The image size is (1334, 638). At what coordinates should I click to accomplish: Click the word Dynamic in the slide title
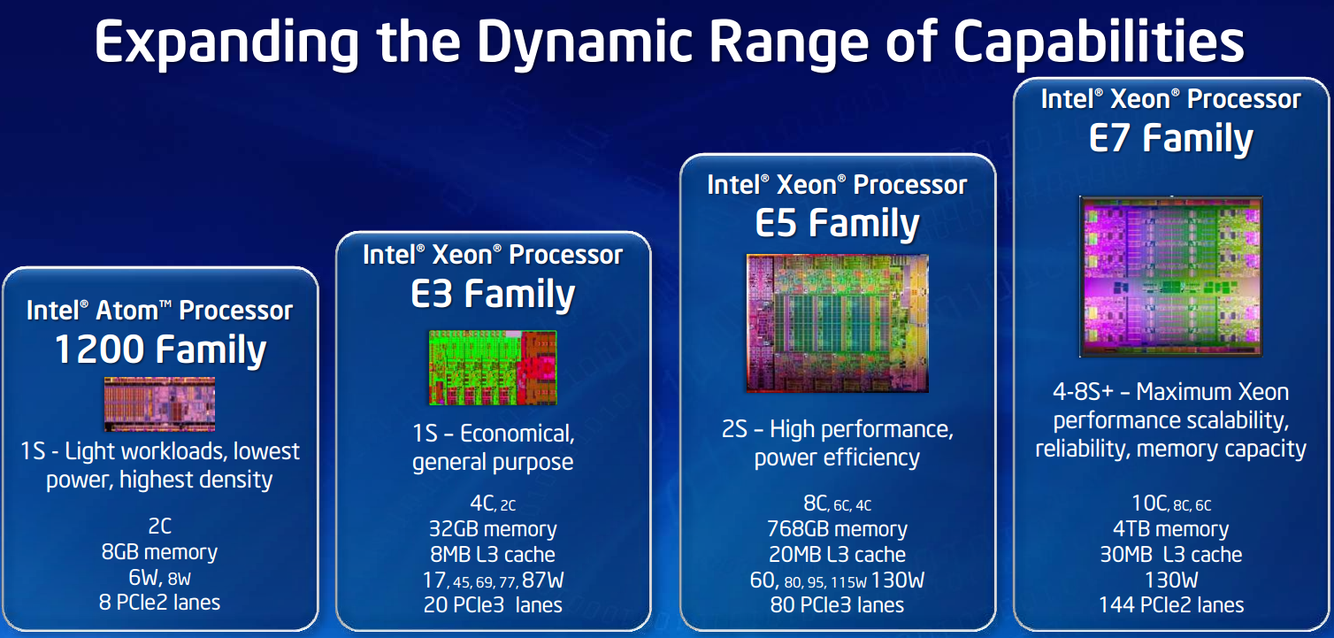(585, 42)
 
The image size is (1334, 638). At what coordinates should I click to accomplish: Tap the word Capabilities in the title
(1099, 42)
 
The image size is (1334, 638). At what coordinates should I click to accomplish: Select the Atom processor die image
(159, 404)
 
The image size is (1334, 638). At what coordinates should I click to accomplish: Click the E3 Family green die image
(493, 367)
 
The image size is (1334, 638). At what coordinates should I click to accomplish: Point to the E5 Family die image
(838, 323)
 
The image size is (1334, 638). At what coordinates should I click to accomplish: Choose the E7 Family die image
(1171, 277)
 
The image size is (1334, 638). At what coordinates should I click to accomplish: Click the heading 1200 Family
(160, 349)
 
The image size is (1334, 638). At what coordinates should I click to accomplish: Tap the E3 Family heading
(493, 294)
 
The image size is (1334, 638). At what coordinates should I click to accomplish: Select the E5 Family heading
(838, 223)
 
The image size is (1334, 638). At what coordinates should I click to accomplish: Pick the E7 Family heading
(1171, 138)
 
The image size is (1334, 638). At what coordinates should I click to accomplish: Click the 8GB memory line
(159, 552)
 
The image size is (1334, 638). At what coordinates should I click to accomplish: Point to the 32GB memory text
(493, 529)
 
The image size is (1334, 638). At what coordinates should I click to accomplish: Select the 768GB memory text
(838, 529)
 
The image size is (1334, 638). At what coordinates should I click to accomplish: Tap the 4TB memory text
(1171, 529)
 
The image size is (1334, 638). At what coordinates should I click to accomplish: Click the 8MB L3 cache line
(493, 555)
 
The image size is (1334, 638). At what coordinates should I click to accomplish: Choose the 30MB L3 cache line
(1171, 555)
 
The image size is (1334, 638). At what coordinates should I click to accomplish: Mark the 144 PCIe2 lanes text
(1171, 605)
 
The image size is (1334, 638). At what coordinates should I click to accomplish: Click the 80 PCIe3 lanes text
(838, 605)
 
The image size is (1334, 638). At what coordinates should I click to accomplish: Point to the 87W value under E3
(543, 580)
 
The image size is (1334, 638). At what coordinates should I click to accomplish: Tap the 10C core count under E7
(1149, 503)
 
